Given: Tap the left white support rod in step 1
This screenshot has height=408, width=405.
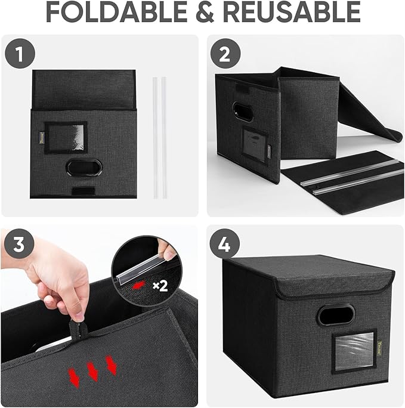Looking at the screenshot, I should pos(154,137).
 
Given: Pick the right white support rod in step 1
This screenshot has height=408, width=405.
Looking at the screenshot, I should pos(163,137).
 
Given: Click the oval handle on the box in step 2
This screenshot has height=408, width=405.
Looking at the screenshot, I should pos(243,112).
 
